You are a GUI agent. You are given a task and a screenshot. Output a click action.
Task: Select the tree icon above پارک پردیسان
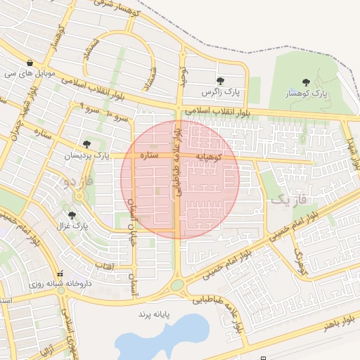86,143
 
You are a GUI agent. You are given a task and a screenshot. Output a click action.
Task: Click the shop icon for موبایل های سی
30,62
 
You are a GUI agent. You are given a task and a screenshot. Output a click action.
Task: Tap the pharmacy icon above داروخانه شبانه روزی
60,274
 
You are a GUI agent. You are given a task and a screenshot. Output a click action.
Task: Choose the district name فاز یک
288,200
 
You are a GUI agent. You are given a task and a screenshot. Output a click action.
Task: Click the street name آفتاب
103,266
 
